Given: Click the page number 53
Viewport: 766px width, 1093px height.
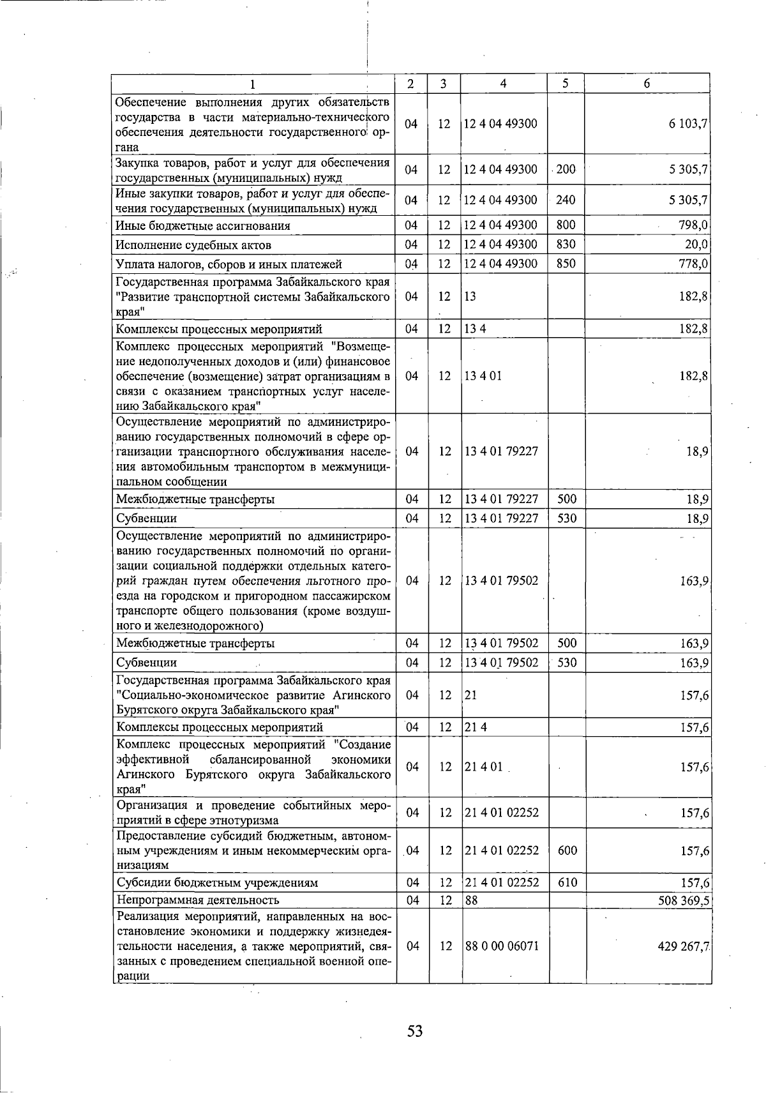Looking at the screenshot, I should tap(415, 1030).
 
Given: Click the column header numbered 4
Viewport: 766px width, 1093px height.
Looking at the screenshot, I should tap(504, 84).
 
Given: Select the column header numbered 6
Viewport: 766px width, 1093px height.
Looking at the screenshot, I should tap(647, 84).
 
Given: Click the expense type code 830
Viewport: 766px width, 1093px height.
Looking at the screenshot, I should tap(566, 245).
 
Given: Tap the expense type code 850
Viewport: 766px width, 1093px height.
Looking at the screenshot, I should tap(566, 264).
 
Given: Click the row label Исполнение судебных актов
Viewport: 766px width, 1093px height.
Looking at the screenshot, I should tap(193, 245).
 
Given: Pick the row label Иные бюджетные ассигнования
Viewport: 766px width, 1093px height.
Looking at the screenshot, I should tap(203, 226).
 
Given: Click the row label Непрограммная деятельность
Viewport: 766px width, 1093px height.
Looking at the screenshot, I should tap(197, 900).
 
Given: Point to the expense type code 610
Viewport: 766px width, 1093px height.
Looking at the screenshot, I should tap(567, 882).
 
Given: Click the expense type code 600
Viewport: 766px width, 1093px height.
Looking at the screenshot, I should tap(567, 850).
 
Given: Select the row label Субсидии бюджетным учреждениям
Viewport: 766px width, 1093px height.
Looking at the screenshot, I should tap(217, 883).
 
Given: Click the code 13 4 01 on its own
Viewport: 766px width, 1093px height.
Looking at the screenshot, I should tap(483, 376).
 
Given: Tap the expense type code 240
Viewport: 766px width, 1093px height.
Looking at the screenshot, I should tap(566, 200).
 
